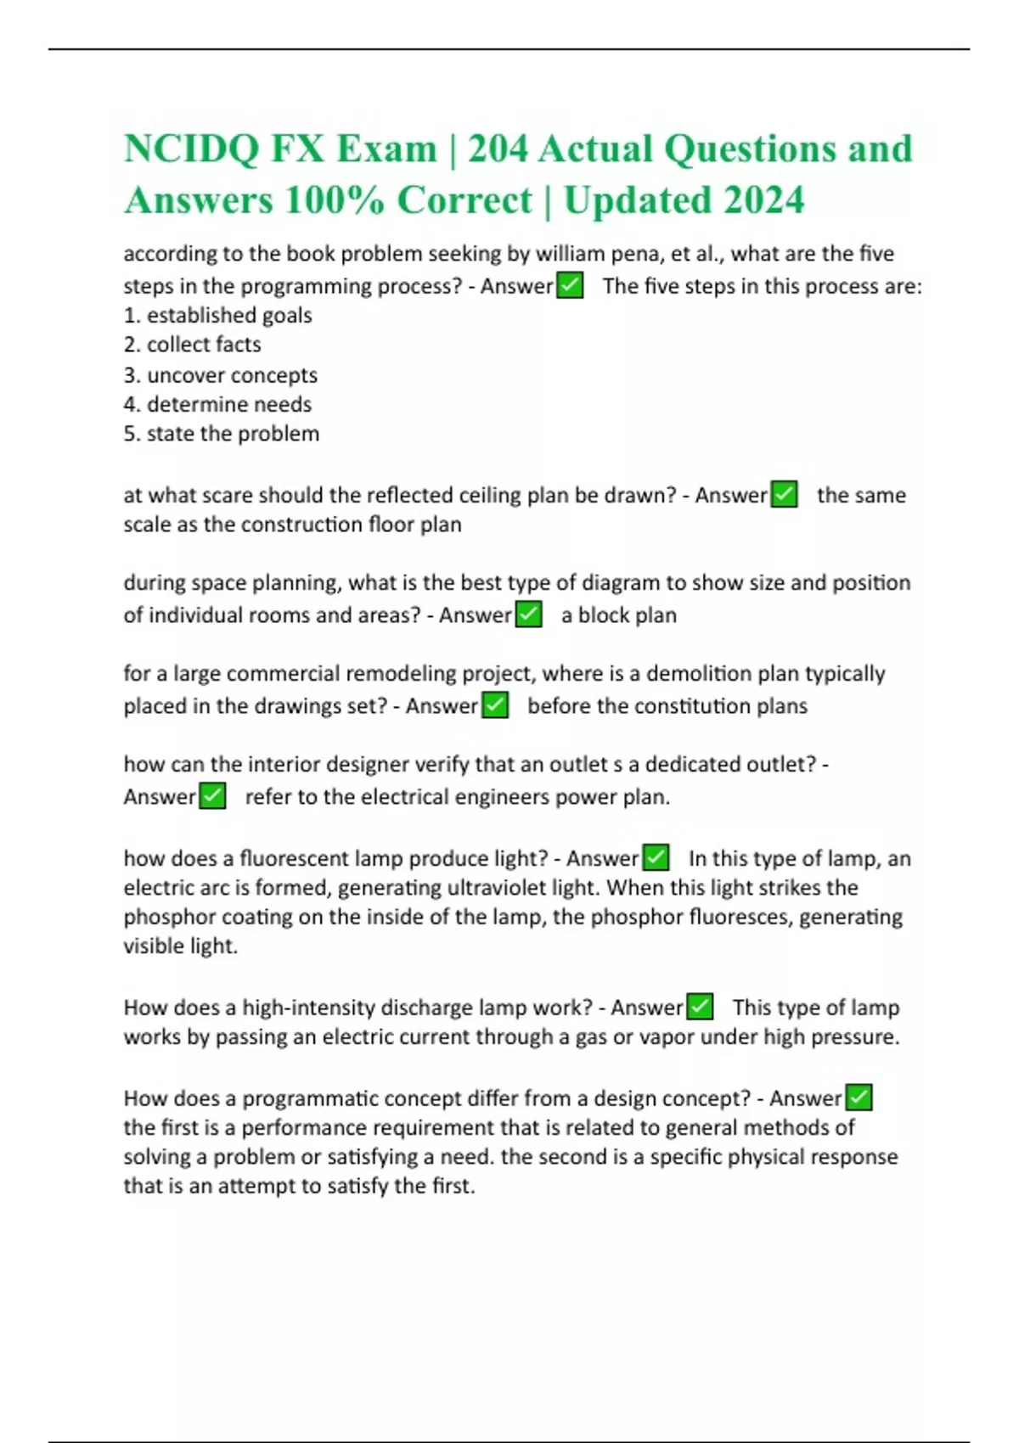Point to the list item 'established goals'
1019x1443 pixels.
229,316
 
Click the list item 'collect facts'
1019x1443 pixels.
204,345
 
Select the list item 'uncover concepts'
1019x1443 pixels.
232,375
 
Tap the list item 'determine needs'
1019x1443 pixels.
229,404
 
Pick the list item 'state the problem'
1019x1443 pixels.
233,434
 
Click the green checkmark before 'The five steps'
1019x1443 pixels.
570,286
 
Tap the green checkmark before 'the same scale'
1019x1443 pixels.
784,495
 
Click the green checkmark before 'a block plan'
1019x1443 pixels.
528,615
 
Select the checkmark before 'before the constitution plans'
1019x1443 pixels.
495,705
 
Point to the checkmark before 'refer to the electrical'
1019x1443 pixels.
212,796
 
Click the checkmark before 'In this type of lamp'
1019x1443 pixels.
656,858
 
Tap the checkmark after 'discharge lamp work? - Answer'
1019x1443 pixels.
700,1008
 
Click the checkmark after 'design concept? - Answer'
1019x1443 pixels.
859,1098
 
